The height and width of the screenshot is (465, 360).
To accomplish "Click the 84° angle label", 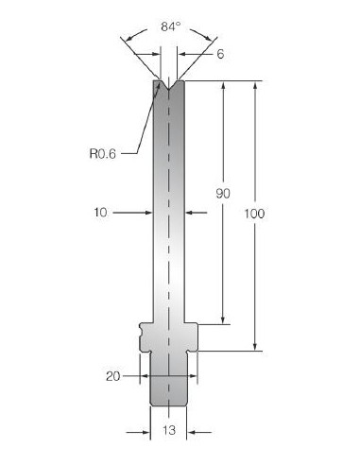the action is point(171,26).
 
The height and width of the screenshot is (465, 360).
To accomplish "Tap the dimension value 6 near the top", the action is point(220,54).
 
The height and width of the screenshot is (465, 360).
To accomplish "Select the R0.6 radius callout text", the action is point(103,154).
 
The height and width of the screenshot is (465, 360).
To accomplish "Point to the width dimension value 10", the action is point(100,213).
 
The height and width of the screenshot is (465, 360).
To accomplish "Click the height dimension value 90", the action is point(223,194).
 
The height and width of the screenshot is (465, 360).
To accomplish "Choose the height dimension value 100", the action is point(254,214).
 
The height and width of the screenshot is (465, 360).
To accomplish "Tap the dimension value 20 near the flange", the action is point(113,376).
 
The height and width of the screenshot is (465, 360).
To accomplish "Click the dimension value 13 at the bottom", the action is point(169,430).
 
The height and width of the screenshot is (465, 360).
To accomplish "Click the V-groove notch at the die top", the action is point(169,85).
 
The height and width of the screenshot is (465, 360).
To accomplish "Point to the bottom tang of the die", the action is point(168,379).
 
